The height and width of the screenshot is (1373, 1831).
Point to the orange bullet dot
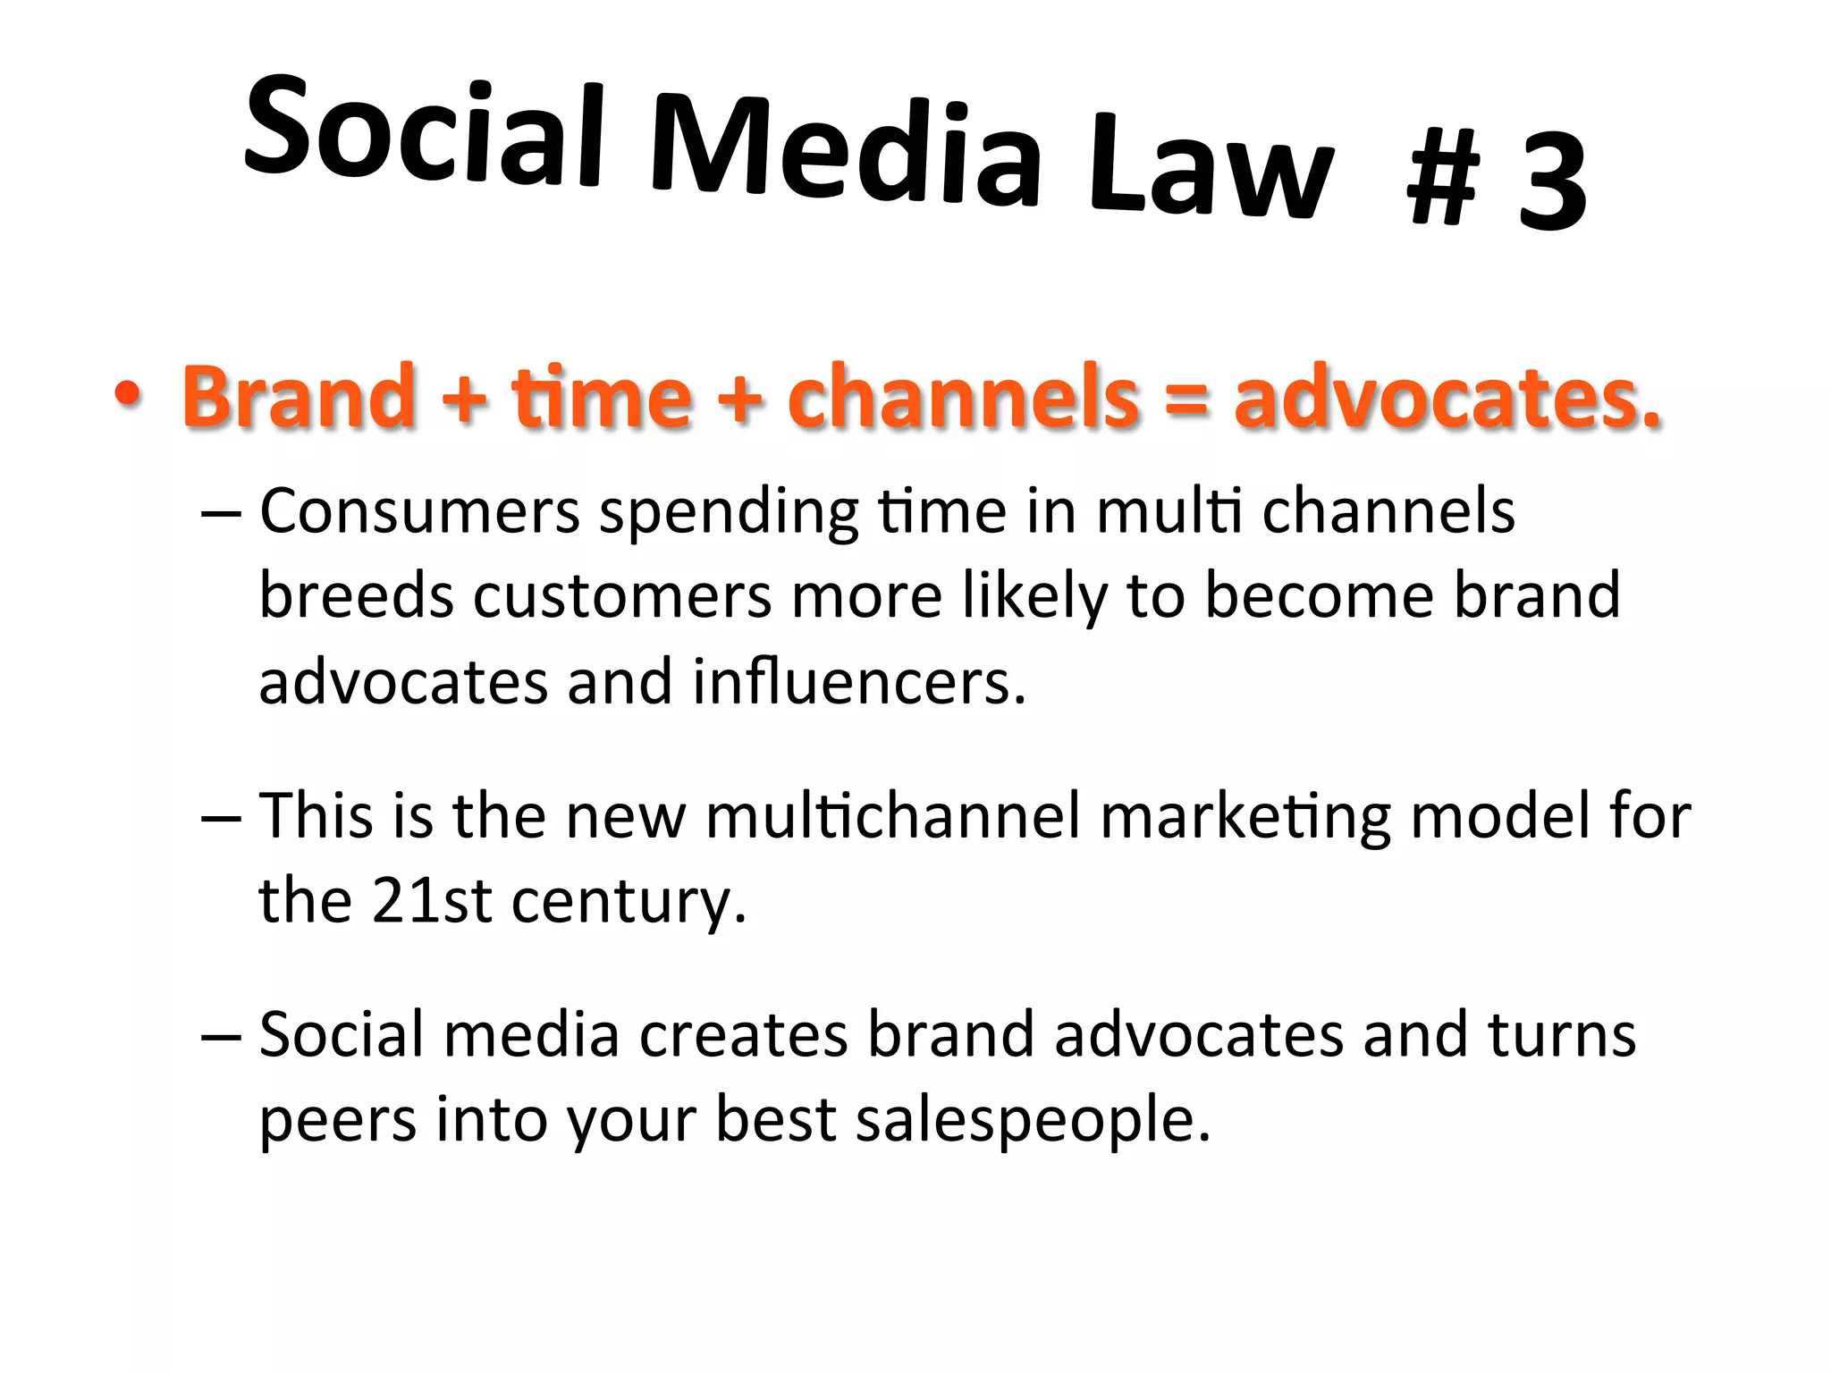[127, 395]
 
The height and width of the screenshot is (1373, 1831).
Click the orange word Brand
[300, 395]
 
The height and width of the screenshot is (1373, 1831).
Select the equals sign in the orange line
[1186, 399]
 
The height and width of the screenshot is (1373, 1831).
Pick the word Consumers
[420, 511]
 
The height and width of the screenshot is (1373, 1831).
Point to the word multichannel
[893, 816]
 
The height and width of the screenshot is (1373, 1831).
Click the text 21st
[431, 901]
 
